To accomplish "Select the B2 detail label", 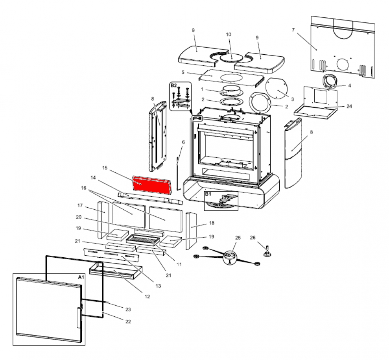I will click(174, 85).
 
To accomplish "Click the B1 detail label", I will click(208, 194).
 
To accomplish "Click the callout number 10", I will click(228, 35).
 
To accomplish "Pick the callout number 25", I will click(238, 238).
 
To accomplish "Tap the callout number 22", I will click(128, 321).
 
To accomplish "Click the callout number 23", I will click(128, 309).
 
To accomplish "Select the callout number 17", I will click(79, 205).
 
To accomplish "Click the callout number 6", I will click(183, 142).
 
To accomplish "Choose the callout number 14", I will click(93, 178).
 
